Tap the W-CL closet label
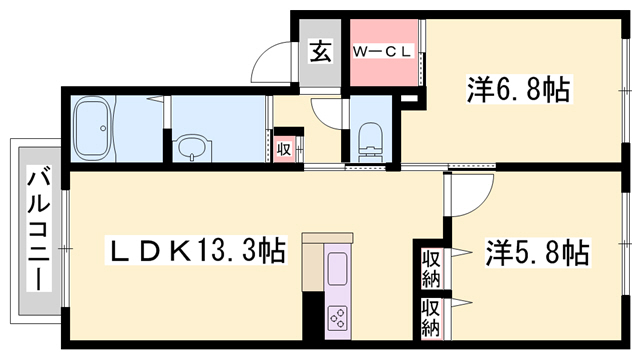[385, 50]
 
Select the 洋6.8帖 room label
[518, 91]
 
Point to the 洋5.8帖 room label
[537, 251]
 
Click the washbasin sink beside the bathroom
[191, 149]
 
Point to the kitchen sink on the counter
[337, 268]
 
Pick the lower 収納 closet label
[432, 319]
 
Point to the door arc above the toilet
[327, 110]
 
